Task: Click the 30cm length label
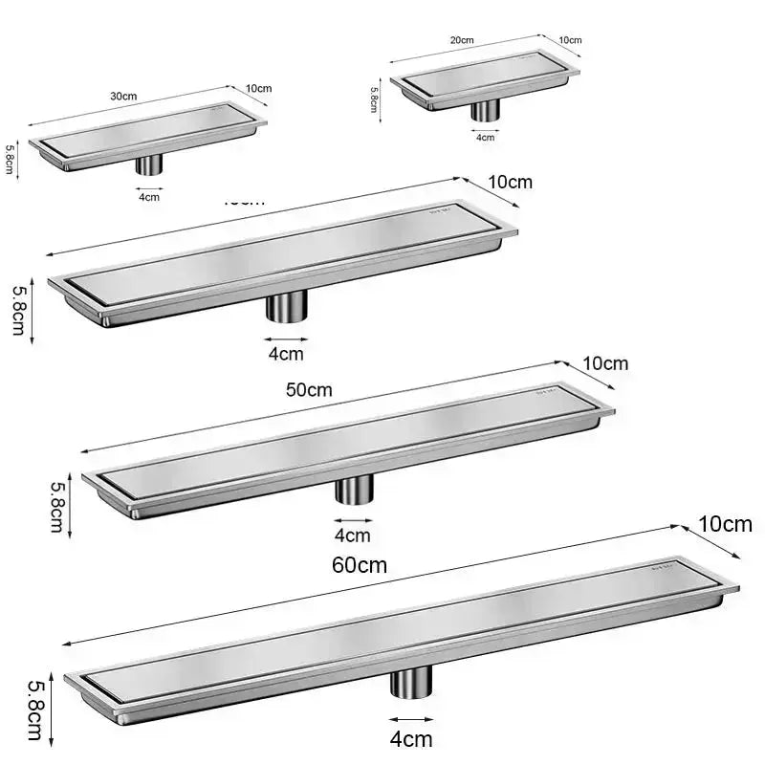[x=122, y=97]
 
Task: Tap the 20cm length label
[x=462, y=40]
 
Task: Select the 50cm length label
[x=309, y=389]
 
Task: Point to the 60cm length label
[x=360, y=564]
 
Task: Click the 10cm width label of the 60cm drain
[x=725, y=524]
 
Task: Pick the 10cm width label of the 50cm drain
[x=605, y=363]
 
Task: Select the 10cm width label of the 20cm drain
[x=570, y=40]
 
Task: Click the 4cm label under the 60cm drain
[x=411, y=738]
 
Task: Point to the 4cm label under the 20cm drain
[x=486, y=137]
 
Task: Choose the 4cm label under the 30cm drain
[x=149, y=197]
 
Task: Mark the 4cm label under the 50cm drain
[x=352, y=535]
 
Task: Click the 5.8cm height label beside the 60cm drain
[x=34, y=710]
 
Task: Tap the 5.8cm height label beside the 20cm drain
[x=374, y=98]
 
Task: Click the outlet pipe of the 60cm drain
[x=410, y=683]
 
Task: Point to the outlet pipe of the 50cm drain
[x=353, y=489]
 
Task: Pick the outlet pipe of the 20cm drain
[x=486, y=110]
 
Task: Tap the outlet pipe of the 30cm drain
[x=148, y=164]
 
